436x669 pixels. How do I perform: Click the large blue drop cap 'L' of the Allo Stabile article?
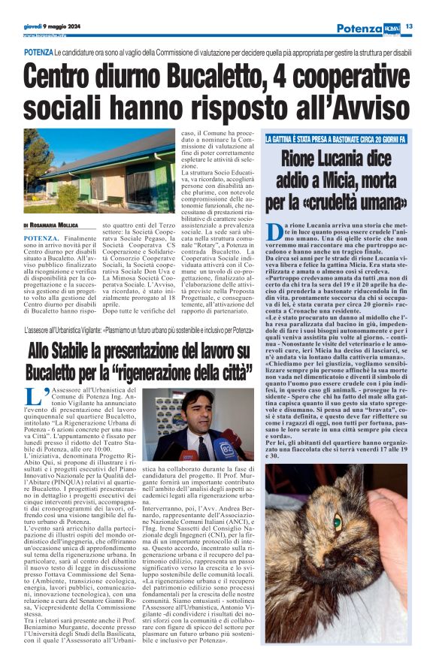31,398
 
